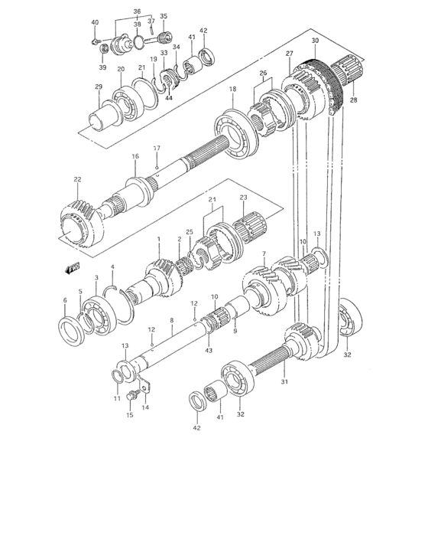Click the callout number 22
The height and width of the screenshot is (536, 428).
78,180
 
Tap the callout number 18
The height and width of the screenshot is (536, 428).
232,90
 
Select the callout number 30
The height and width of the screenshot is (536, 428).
315,40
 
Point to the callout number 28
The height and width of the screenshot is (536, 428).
353,101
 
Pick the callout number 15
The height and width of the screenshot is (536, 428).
129,415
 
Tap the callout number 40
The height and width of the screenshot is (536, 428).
95,22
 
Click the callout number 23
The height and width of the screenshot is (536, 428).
243,198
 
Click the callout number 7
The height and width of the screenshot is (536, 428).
263,253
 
